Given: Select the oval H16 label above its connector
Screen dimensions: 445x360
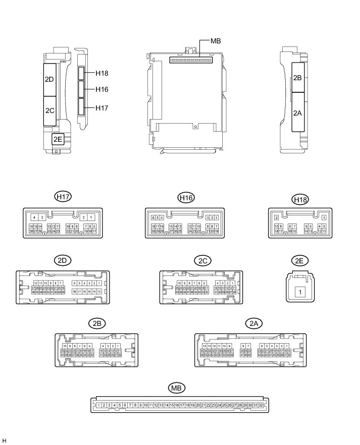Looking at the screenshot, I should pyautogui.click(x=186, y=198).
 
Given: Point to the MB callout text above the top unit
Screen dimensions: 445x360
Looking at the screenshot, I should pyautogui.click(x=215, y=41).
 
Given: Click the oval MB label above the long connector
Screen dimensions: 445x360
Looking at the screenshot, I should pyautogui.click(x=177, y=388).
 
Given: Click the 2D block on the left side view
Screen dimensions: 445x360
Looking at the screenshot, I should pyautogui.click(x=50, y=80).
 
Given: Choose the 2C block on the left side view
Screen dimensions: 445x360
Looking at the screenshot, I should pyautogui.click(x=50, y=110).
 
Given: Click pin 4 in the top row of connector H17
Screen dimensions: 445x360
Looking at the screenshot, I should pyautogui.click(x=34, y=217).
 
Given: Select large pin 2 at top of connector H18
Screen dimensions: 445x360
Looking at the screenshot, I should pyautogui.click(x=276, y=217).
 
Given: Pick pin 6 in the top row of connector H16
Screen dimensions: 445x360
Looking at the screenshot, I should pyautogui.click(x=153, y=217).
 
